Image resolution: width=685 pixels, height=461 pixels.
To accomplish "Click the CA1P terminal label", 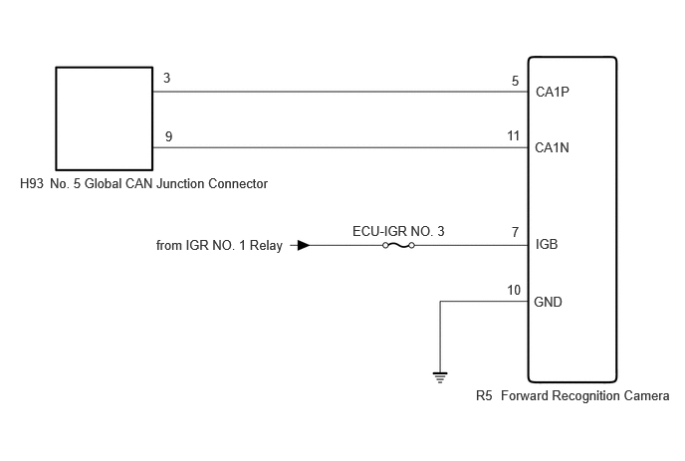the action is point(553,92).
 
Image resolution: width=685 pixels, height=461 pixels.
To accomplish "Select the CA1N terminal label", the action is point(552,147).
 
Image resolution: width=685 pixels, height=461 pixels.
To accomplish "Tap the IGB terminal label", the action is point(547,244).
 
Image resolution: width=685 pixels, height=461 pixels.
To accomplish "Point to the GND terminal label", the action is point(548,302).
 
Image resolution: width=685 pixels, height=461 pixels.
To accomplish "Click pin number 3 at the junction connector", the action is point(167,78).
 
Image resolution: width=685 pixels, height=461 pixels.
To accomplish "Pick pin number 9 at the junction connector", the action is point(168,136).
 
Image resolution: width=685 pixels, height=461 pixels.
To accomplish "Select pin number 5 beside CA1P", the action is point(516,81).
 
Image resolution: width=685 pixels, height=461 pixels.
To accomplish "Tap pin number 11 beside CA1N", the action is point(514,135).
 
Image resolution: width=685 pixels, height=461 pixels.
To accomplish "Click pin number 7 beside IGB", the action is point(516,232).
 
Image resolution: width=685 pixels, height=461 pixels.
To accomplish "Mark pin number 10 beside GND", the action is point(514,290).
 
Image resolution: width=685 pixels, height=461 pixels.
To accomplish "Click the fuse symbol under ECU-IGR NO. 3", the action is point(398,246).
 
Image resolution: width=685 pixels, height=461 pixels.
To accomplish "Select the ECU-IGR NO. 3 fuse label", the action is point(398,231).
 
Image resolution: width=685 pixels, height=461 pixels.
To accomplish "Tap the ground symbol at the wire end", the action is point(440,377).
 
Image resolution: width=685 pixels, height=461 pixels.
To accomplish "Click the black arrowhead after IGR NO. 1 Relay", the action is point(304,246).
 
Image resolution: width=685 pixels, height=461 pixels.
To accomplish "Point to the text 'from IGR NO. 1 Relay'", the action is point(219,246).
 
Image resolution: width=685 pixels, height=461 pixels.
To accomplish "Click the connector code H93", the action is point(32,183).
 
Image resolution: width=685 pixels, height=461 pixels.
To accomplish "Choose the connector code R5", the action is point(484,396).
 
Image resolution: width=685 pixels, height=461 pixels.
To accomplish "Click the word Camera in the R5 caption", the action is point(646,396).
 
